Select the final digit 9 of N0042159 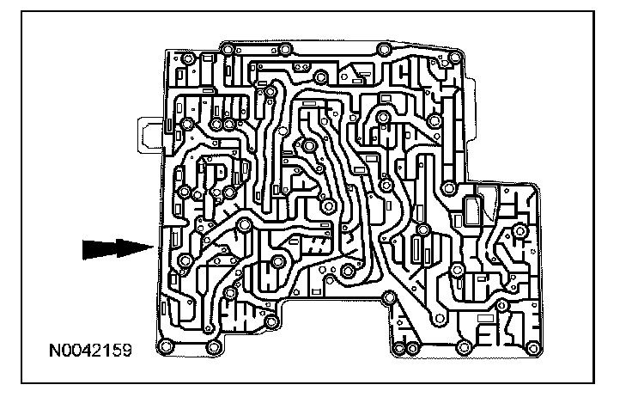click(x=128, y=352)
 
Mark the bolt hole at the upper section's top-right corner click(x=453, y=52)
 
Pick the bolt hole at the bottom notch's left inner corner click(x=271, y=323)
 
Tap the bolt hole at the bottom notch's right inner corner click(x=388, y=298)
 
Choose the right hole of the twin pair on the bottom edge click(x=413, y=347)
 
